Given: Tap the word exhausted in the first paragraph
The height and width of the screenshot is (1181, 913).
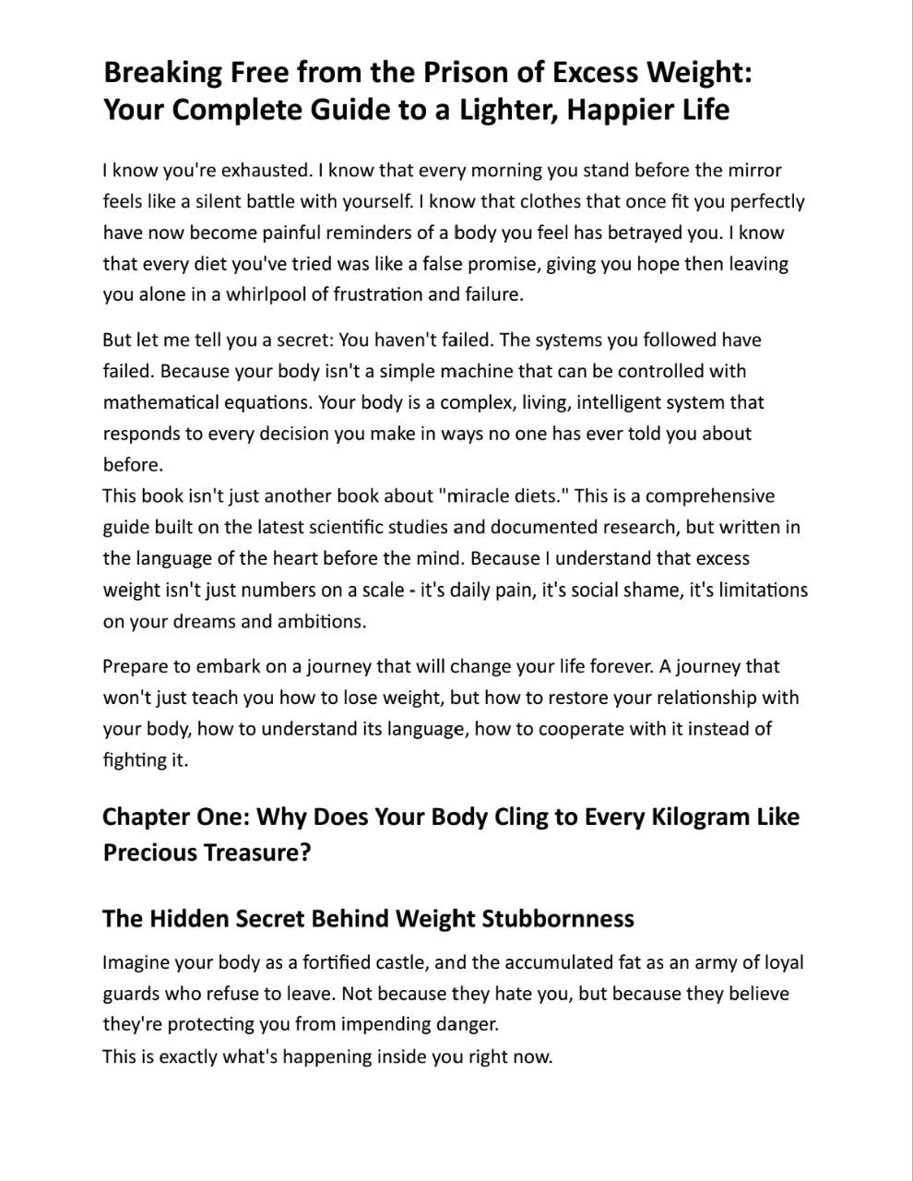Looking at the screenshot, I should (263, 170).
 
